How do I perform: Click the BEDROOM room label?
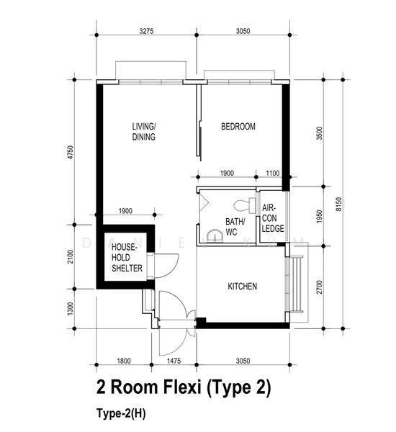click(238, 127)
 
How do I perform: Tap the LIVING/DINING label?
click(144, 132)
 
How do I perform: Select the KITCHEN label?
click(243, 287)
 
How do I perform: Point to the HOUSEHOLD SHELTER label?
click(127, 258)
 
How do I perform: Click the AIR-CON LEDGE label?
click(273, 218)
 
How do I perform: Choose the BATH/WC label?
click(235, 227)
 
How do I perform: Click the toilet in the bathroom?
click(245, 205)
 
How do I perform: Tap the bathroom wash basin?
click(215, 236)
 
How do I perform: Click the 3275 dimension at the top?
click(146, 31)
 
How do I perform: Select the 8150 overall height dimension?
click(338, 204)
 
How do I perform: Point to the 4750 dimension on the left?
click(71, 152)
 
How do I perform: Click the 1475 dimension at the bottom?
click(174, 361)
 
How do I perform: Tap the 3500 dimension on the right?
click(319, 133)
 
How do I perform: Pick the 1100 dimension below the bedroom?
click(273, 173)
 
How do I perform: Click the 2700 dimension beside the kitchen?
click(319, 287)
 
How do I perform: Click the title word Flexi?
click(182, 387)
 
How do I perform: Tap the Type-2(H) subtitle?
click(121, 413)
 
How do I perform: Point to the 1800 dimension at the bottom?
click(124, 361)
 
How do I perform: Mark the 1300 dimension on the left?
click(71, 309)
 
